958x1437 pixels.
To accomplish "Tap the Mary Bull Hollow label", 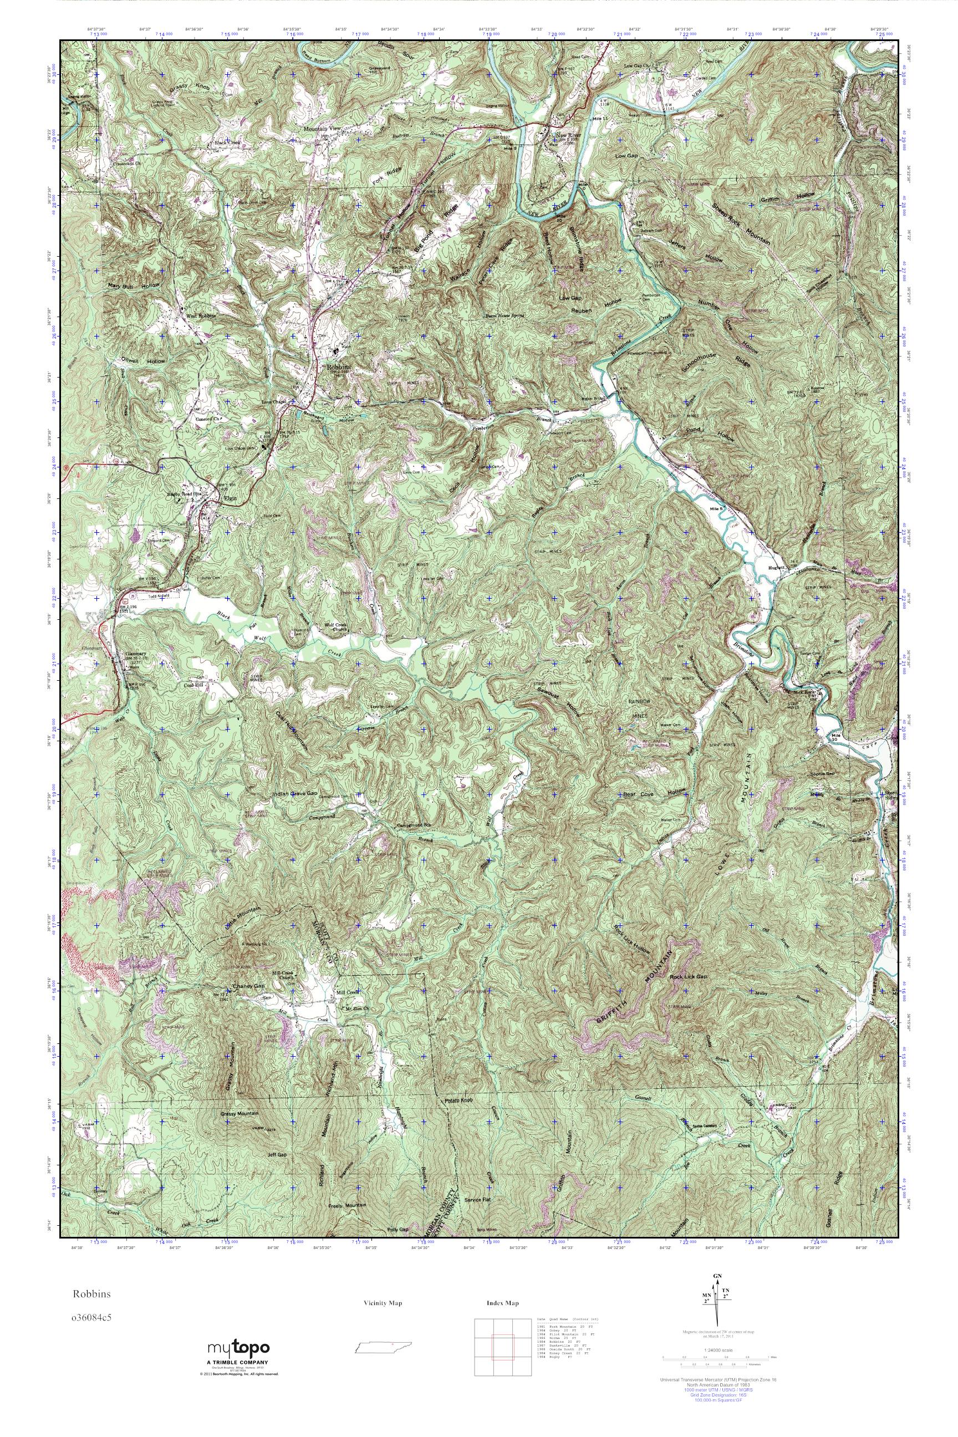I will click(133, 286).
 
